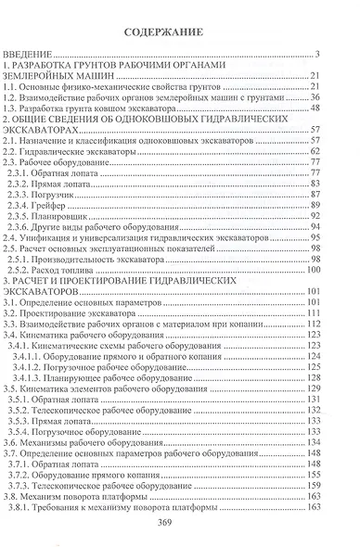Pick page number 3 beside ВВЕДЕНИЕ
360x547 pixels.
317,57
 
